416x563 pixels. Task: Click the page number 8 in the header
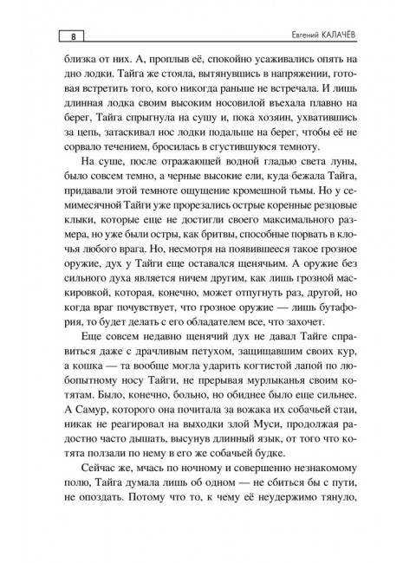click(x=73, y=36)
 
